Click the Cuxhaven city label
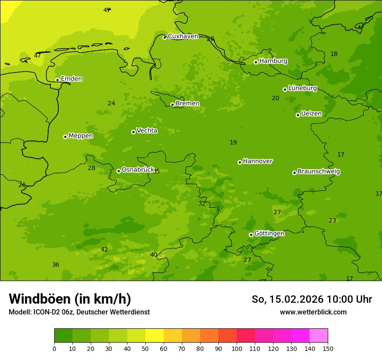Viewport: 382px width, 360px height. tap(183, 36)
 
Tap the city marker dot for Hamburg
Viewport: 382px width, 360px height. tap(256, 62)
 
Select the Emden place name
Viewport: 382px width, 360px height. tap(71, 79)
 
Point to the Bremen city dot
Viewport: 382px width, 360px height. tap(172, 105)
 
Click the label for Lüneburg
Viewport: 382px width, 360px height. tap(302, 88)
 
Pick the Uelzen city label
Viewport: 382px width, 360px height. tap(311, 114)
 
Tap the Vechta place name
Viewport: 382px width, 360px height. tap(147, 131)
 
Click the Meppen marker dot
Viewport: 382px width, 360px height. tap(65, 137)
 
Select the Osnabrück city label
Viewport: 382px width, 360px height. tap(138, 170)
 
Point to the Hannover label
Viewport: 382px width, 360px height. tap(257, 161)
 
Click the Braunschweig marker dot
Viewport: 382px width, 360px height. tap(294, 173)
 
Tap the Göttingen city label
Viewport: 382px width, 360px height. tap(269, 233)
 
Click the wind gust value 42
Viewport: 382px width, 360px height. tap(104, 249)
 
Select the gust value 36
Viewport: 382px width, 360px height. tap(56, 265)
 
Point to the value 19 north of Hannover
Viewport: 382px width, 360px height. tap(233, 142)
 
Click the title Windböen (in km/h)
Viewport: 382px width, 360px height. tap(69, 299)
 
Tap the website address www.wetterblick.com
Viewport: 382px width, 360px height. tap(313, 312)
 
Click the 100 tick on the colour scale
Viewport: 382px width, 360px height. tap(237, 348)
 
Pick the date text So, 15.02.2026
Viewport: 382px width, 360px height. tap(288, 299)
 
